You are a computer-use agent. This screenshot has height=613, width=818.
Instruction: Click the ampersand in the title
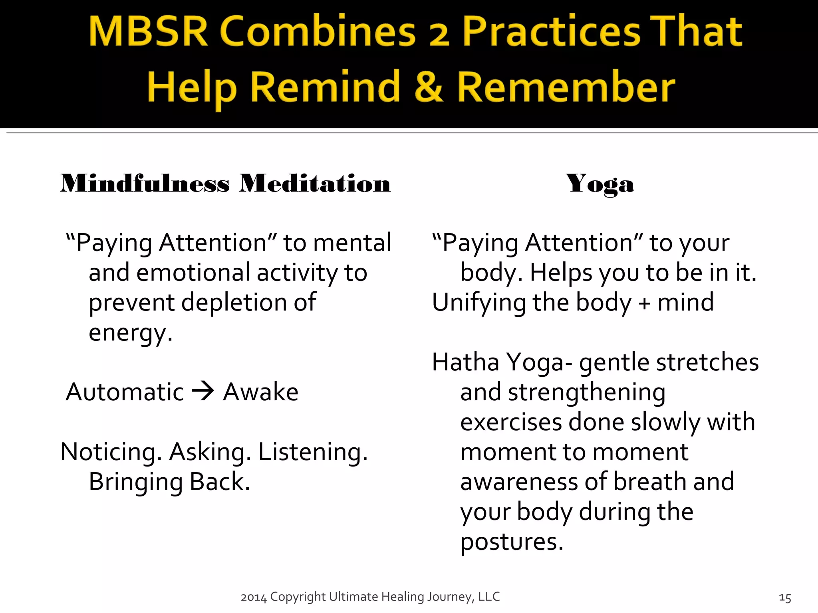pyautogui.click(x=429, y=87)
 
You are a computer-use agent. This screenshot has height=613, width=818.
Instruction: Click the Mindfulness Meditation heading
pyautogui.click(x=225, y=184)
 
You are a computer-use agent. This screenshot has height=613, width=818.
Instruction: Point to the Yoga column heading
pyautogui.click(x=600, y=184)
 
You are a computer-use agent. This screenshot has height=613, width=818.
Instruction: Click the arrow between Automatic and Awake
pyautogui.click(x=203, y=392)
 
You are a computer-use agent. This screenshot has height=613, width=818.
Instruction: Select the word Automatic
pyautogui.click(x=125, y=392)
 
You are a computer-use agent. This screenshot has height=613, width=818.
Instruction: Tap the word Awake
pyautogui.click(x=260, y=392)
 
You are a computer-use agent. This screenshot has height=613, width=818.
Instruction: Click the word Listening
pyautogui.click(x=313, y=452)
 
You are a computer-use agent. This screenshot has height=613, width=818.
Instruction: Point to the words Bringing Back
pyautogui.click(x=169, y=482)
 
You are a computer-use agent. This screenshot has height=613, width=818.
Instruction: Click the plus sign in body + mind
pyautogui.click(x=644, y=303)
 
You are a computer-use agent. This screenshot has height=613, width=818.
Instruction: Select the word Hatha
pyautogui.click(x=466, y=362)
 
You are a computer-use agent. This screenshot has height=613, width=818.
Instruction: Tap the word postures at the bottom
pyautogui.click(x=511, y=542)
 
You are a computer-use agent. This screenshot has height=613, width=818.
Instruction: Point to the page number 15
pyautogui.click(x=785, y=598)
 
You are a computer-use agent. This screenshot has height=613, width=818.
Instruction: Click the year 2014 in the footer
pyautogui.click(x=254, y=597)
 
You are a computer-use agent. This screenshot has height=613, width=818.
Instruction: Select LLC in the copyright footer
pyautogui.click(x=489, y=596)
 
